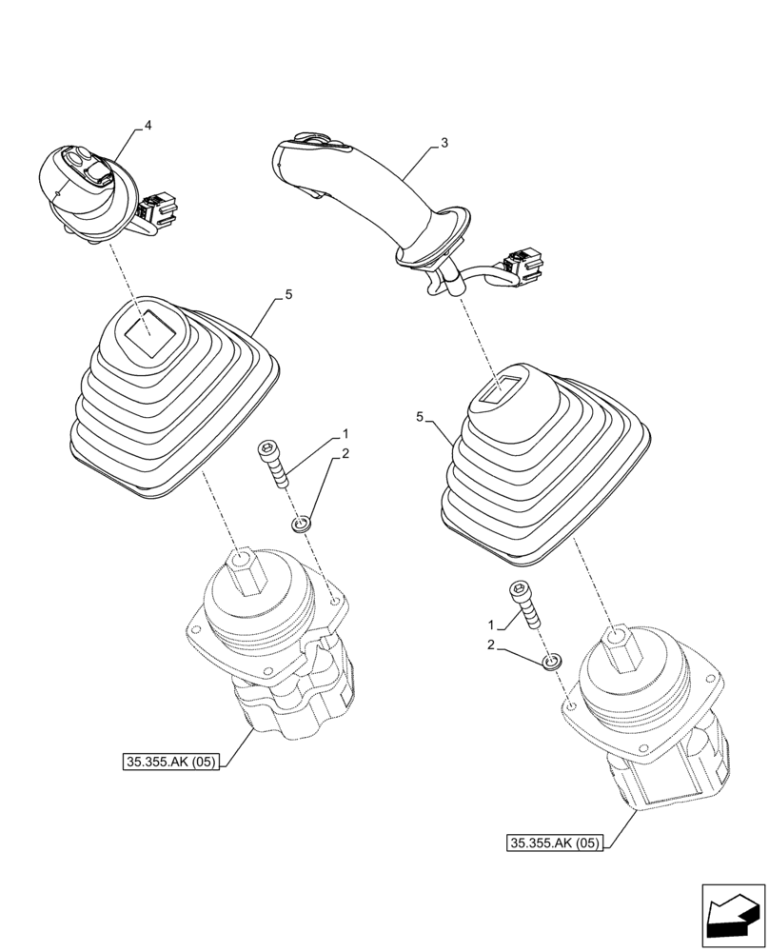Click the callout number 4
(148, 125)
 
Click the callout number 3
(444, 143)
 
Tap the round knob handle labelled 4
(84, 186)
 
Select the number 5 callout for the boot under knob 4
(288, 297)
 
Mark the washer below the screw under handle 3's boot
(552, 661)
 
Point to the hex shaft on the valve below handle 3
(617, 648)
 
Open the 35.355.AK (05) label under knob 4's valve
(171, 761)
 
